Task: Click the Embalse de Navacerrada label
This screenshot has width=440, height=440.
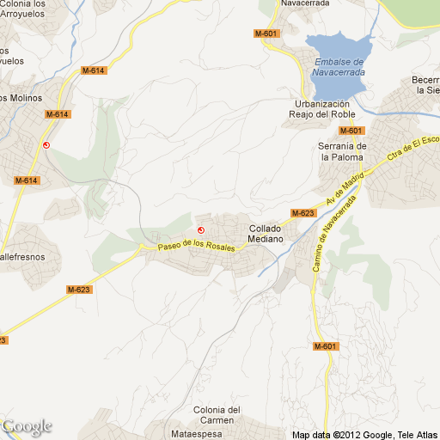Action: pyautogui.click(x=339, y=67)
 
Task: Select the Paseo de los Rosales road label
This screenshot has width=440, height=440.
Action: pyautogui.click(x=196, y=245)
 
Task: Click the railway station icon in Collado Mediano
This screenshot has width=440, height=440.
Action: pyautogui.click(x=201, y=229)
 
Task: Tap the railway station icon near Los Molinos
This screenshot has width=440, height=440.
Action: pyautogui.click(x=46, y=145)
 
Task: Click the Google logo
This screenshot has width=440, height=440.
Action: pyautogui.click(x=27, y=426)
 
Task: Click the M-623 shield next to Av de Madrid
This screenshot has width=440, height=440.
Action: pyautogui.click(x=302, y=212)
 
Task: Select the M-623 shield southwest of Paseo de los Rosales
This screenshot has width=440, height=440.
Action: pyautogui.click(x=78, y=289)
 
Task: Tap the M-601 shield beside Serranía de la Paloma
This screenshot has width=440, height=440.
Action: pyautogui.click(x=351, y=131)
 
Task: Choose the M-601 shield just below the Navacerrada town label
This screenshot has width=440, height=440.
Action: pyautogui.click(x=266, y=34)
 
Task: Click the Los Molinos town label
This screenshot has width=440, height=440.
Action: pyautogui.click(x=21, y=98)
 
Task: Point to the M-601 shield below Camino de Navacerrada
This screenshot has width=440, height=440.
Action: pyautogui.click(x=325, y=346)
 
